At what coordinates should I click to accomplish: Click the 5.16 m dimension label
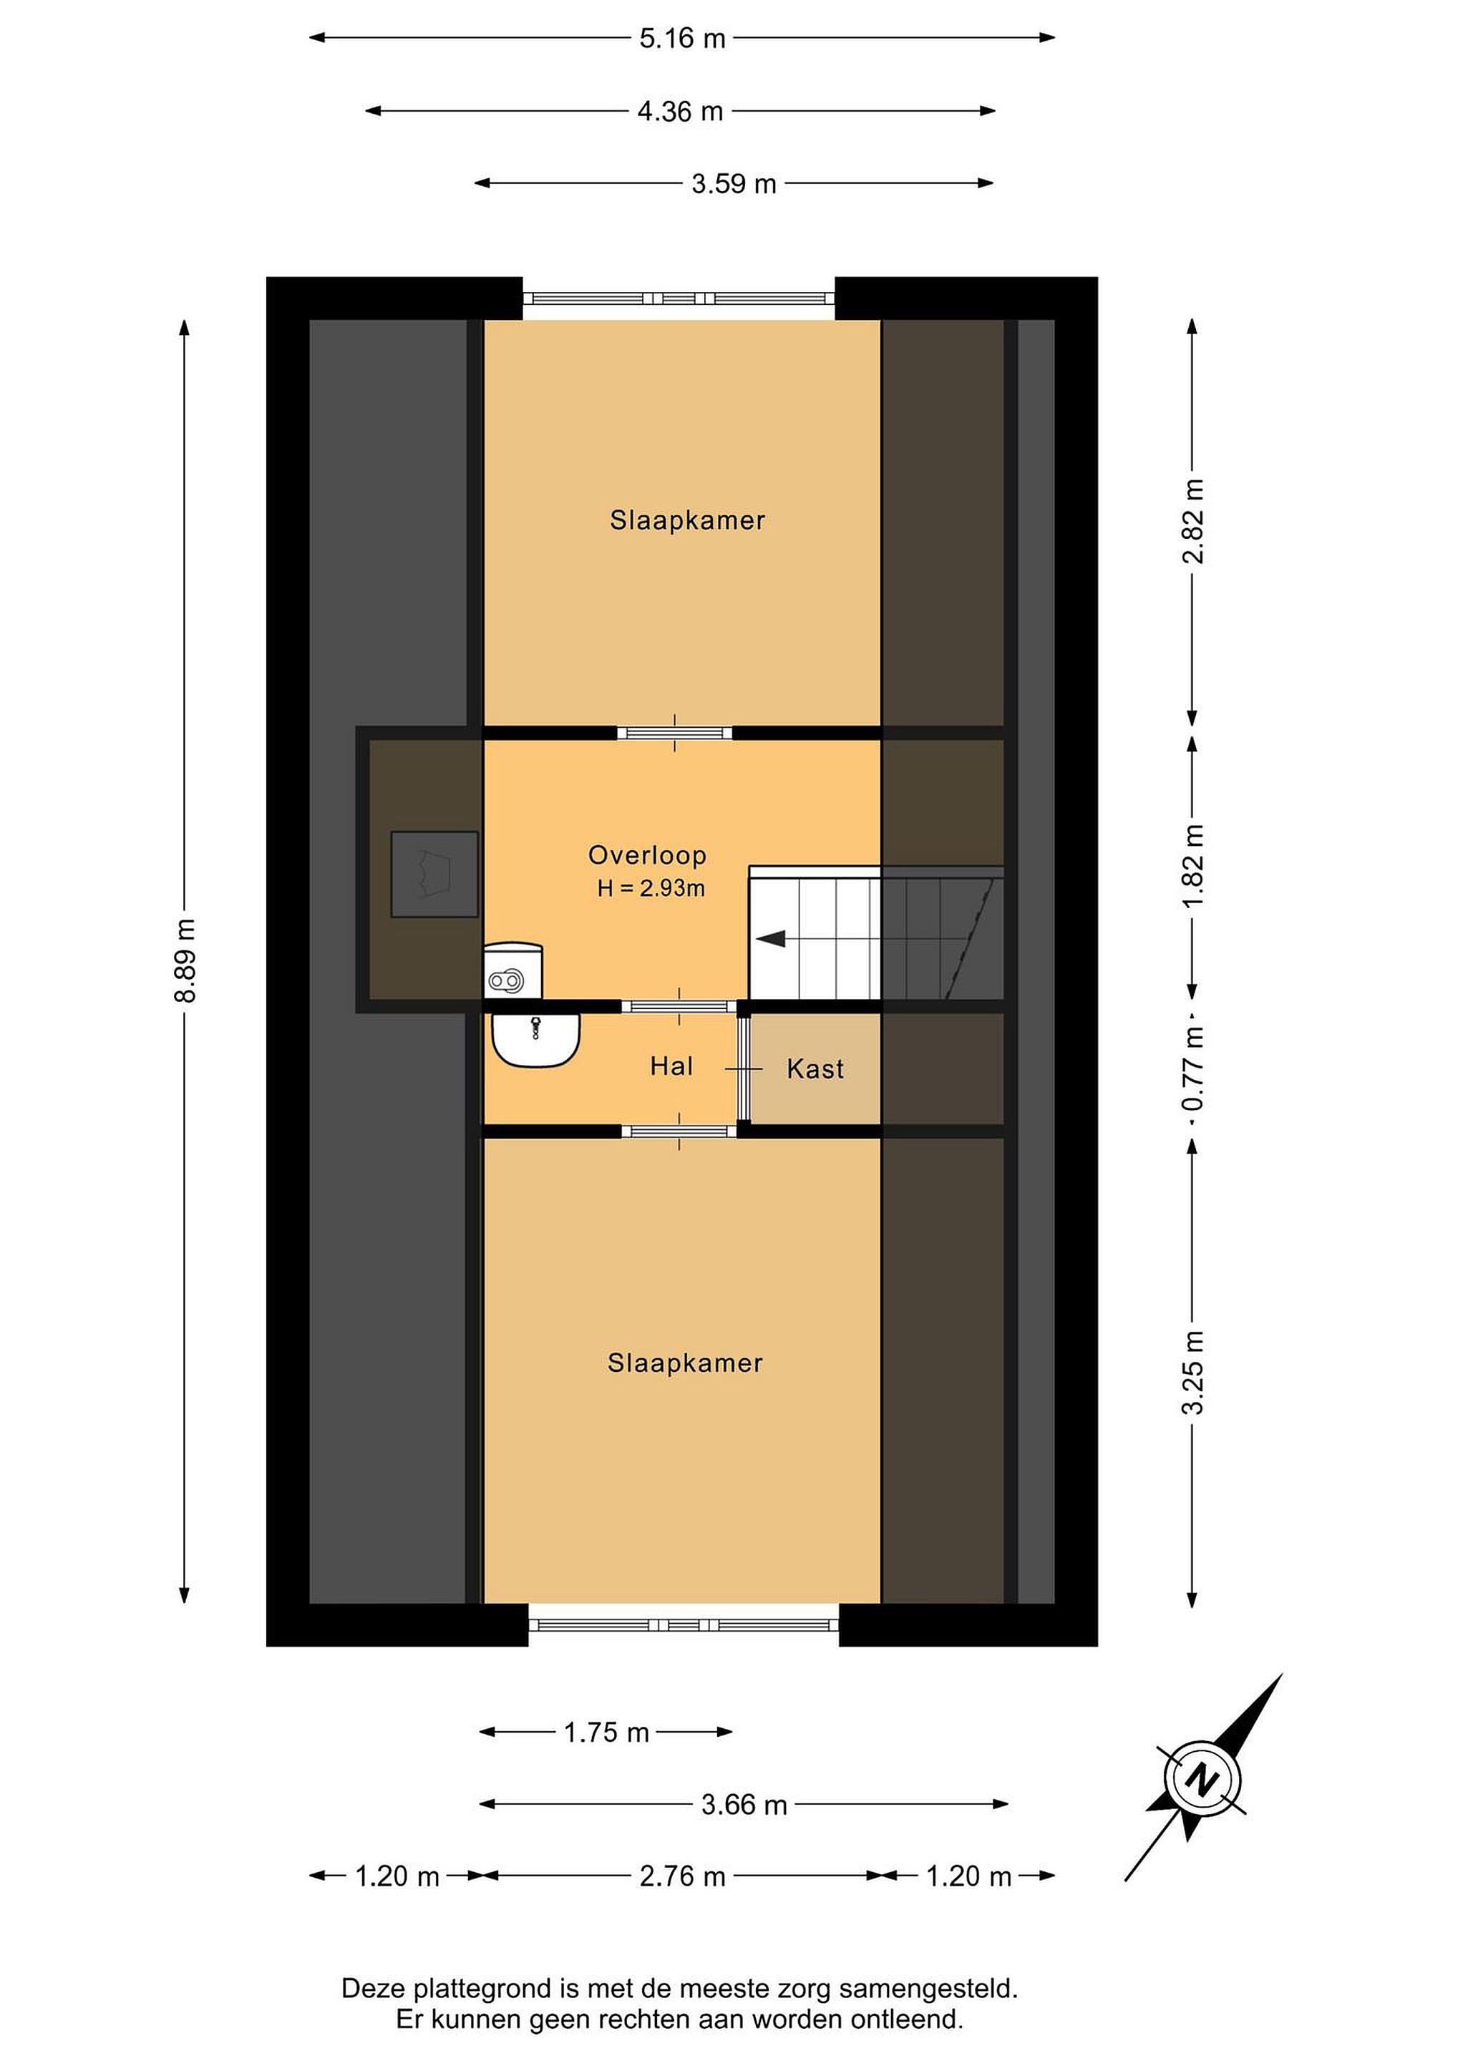[x=682, y=39]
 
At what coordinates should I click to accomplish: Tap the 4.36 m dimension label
[x=681, y=112]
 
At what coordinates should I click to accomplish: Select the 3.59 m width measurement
[x=734, y=184]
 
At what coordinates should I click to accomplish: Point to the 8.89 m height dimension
[x=185, y=960]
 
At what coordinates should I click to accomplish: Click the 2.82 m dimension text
[x=1192, y=521]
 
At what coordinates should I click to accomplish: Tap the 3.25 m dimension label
[x=1192, y=1372]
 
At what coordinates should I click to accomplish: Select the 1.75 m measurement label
[x=606, y=1733]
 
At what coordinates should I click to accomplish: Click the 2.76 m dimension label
[x=682, y=1876]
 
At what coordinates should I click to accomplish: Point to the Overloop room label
[x=647, y=855]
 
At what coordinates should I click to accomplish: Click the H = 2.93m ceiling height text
[x=651, y=889]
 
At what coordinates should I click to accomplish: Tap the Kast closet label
[x=815, y=1069]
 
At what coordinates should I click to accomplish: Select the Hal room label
[x=671, y=1066]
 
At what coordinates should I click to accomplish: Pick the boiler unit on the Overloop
[x=513, y=970]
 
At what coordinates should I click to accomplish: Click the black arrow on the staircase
[x=771, y=939]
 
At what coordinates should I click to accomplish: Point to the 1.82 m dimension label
[x=1192, y=865]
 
